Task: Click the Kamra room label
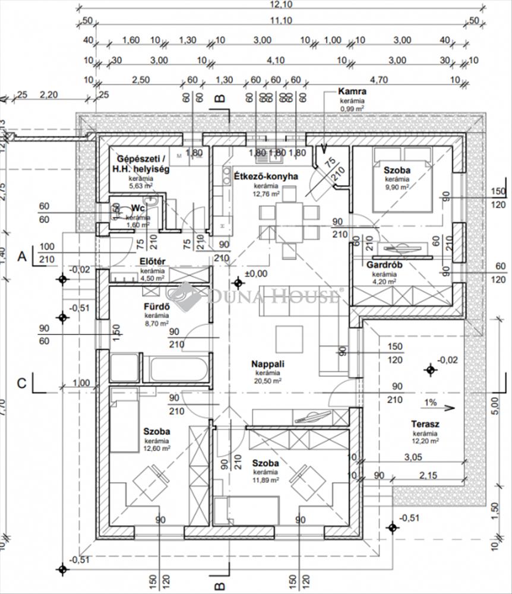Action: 352,92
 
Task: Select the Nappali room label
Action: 268,364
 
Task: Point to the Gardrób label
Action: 384,265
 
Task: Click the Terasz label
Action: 425,424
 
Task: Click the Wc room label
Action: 138,208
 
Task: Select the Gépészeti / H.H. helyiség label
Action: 143,164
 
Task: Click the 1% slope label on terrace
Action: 430,403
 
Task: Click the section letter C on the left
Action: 22,383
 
